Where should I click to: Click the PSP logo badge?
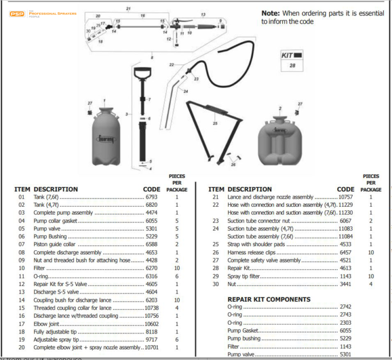pyautogui.click(x=17, y=14)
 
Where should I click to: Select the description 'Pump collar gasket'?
pyautogui.click(x=55, y=221)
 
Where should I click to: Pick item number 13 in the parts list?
pyautogui.click(x=21, y=292)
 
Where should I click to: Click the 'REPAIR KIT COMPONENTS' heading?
pyautogui.click(x=268, y=299)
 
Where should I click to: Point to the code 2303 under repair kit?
pyautogui.click(x=346, y=323)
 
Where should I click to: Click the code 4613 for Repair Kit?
pyautogui.click(x=346, y=268)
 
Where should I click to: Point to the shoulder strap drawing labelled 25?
pyautogui.click(x=215, y=130)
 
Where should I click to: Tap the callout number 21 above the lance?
pyautogui.click(x=128, y=9)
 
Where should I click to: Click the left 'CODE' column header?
pyautogui.click(x=152, y=189)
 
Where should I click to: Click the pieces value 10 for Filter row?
pyautogui.click(x=177, y=268)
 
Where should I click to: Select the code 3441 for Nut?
pyautogui.click(x=346, y=284)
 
